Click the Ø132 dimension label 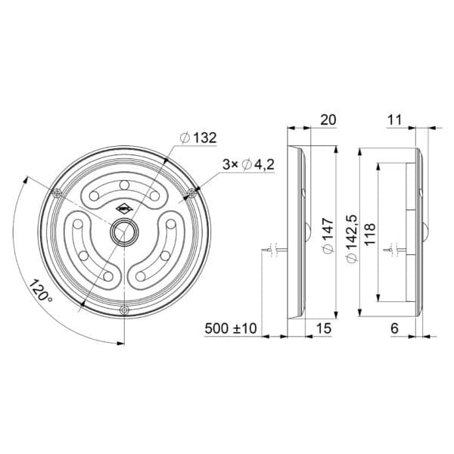pyautogui.click(x=197, y=138)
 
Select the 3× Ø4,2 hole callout pyautogui.click(x=248, y=165)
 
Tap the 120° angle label pyautogui.click(x=41, y=291)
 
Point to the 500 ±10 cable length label pyautogui.click(x=231, y=328)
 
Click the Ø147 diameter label pyautogui.click(x=328, y=236)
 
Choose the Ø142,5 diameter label pyautogui.click(x=353, y=238)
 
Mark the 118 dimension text pyautogui.click(x=370, y=235)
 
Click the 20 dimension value pyautogui.click(x=328, y=120)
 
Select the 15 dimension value pyautogui.click(x=323, y=328)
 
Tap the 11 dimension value pyautogui.click(x=394, y=120)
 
